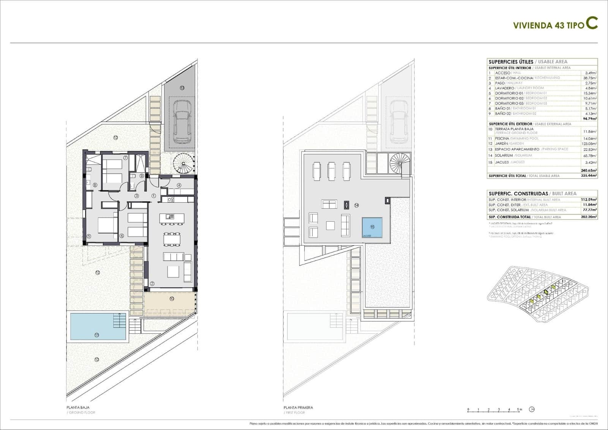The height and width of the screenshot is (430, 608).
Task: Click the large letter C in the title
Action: click(591, 22)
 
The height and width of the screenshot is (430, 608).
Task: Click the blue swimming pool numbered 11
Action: click(98, 326)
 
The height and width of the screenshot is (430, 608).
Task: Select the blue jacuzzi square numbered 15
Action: click(372, 227)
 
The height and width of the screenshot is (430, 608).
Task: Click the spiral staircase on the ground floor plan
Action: click(184, 163)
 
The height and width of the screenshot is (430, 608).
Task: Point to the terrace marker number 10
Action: click(172, 299)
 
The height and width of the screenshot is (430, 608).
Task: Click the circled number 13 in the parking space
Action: click(182, 88)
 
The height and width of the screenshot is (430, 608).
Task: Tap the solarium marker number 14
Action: click(356, 205)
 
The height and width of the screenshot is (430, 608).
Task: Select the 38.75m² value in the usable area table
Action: click(590, 78)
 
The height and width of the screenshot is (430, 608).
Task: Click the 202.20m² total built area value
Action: click(590, 217)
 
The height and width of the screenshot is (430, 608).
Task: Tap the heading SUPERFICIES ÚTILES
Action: click(511, 62)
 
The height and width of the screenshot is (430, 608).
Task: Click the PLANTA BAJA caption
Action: click(78, 407)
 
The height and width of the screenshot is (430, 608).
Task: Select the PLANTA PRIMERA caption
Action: click(298, 407)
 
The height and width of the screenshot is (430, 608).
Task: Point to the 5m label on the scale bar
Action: click(519, 409)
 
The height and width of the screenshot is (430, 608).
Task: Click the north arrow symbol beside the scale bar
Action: click(532, 409)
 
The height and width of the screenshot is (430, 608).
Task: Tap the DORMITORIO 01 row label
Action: click(508, 93)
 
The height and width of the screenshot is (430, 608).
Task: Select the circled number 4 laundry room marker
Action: click(179, 186)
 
